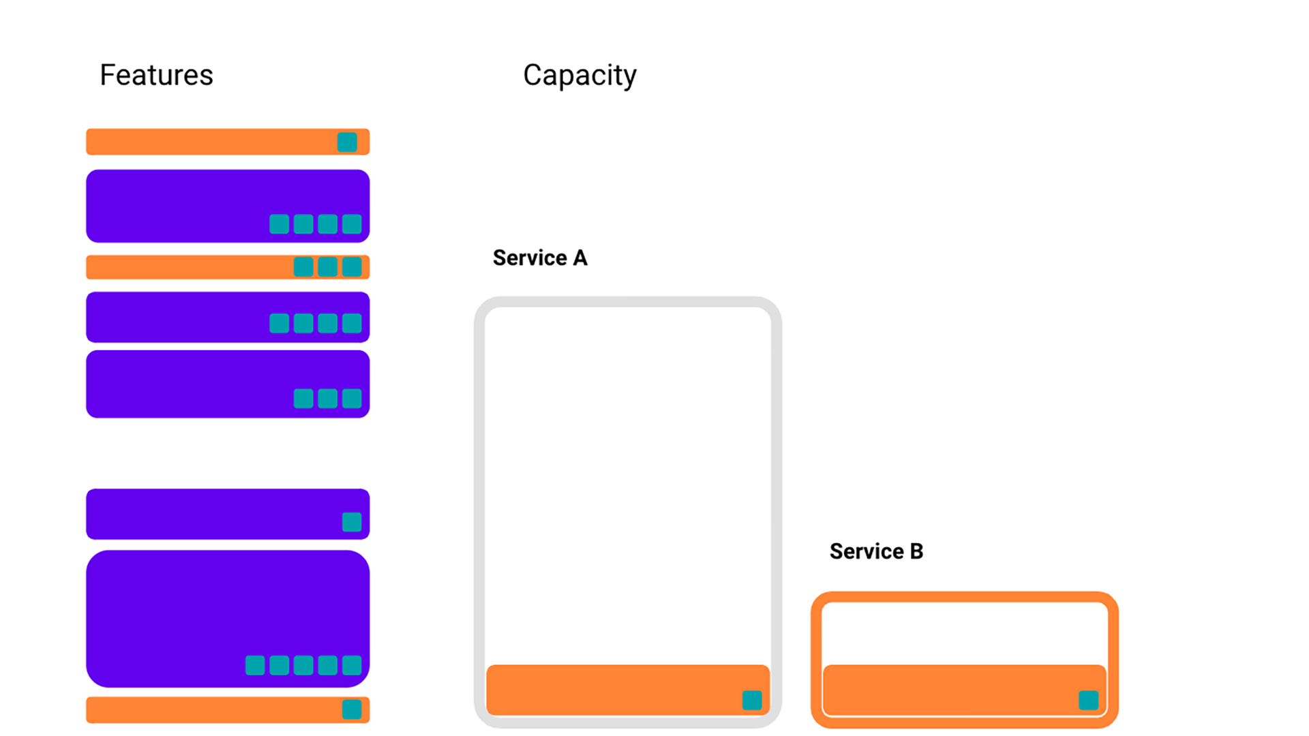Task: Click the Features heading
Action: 156,75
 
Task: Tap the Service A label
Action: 540,258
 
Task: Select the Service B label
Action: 876,551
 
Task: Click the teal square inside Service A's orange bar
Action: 752,700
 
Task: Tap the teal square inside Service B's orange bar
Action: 1089,700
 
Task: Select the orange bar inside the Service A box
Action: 628,690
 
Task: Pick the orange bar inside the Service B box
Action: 964,690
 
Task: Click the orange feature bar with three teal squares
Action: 228,267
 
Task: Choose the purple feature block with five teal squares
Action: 228,619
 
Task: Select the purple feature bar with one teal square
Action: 228,514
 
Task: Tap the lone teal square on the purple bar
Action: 352,522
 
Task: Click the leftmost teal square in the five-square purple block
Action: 255,665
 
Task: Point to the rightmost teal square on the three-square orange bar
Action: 352,267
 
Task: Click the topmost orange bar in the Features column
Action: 228,142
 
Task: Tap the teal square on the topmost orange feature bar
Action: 347,142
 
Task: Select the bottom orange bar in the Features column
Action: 228,709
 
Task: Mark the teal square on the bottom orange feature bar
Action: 352,709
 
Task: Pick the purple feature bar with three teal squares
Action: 228,384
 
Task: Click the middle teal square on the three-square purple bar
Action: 327,399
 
